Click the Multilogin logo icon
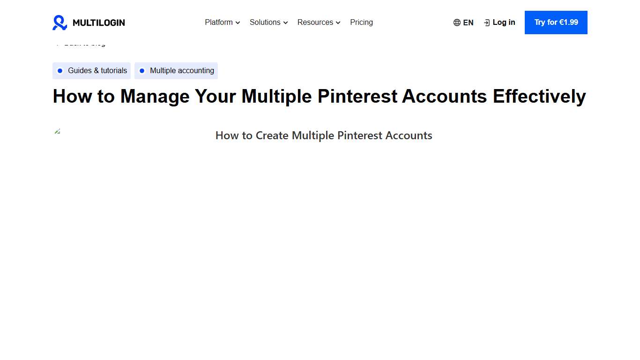tap(60, 22)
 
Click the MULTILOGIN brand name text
tap(99, 22)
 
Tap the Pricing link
tap(361, 22)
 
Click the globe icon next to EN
tap(457, 22)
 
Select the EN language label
tap(468, 22)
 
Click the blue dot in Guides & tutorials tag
tap(60, 71)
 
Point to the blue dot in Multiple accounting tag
tap(142, 71)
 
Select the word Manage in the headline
tap(155, 97)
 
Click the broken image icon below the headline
tap(58, 131)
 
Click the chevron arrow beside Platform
tap(238, 22)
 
